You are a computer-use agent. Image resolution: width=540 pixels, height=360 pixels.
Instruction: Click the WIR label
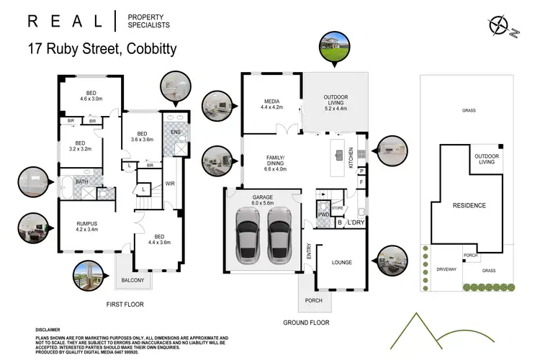pos(171,184)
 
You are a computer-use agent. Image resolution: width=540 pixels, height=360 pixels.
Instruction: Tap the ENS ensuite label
pos(176,132)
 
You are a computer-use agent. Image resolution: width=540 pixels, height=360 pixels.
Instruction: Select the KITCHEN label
pos(351,156)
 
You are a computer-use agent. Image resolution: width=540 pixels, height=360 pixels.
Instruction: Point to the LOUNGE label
pos(341,263)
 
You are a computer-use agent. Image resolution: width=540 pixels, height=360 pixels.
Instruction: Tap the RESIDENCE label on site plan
pos(469,206)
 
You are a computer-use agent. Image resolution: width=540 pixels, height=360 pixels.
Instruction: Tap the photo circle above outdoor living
pos(335,46)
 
